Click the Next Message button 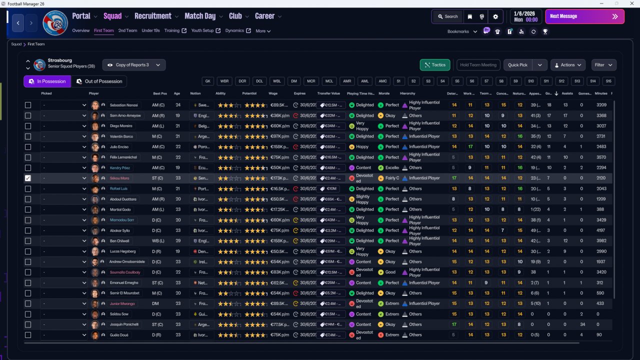click(584, 16)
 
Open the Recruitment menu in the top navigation click(156, 16)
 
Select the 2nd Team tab click(127, 30)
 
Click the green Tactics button click(434, 65)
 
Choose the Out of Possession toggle click(99, 81)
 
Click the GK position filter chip click(208, 81)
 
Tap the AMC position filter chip click(382, 81)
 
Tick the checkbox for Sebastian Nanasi click(28, 105)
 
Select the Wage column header click(273, 93)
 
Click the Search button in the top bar click(447, 16)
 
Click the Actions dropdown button click(567, 65)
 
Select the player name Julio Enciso click(120, 147)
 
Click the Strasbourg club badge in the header click(55, 23)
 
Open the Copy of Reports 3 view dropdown click(134, 65)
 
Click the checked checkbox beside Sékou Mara click(28, 178)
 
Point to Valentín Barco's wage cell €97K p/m click(279, 136)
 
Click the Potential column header click(249, 93)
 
